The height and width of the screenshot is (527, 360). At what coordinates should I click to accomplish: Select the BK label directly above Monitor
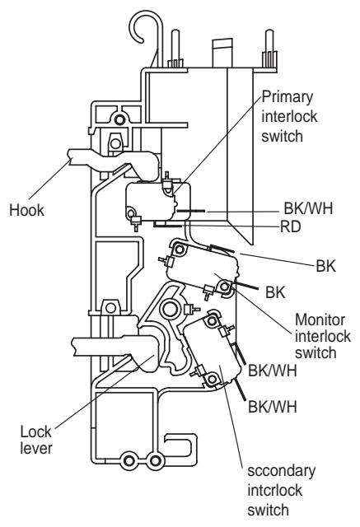(276, 291)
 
